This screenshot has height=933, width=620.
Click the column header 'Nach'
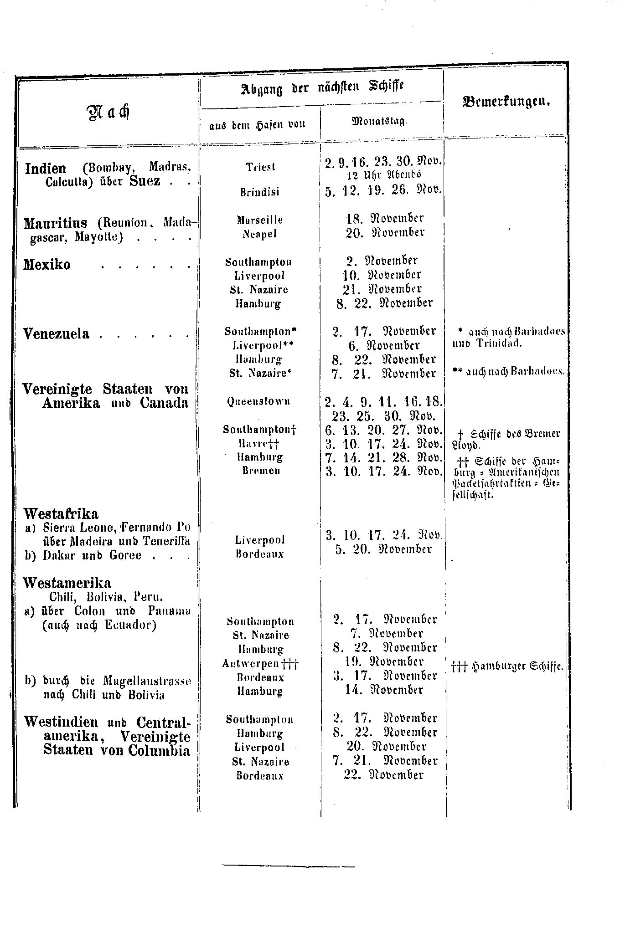click(x=109, y=112)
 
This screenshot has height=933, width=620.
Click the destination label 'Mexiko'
click(x=47, y=265)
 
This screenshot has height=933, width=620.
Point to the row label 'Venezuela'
click(x=56, y=334)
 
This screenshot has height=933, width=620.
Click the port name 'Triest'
click(x=261, y=167)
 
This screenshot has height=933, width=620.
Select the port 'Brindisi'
click(x=260, y=192)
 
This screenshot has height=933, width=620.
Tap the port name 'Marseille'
click(x=260, y=220)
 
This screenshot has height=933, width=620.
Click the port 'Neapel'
click(x=259, y=234)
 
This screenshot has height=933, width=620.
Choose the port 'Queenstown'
click(x=259, y=401)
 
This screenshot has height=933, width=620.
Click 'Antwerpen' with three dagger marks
click(x=260, y=663)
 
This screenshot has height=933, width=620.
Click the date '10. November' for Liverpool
click(x=382, y=275)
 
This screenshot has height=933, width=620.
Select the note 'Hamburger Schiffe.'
click(x=507, y=666)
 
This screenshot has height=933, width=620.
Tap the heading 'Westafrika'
click(x=61, y=514)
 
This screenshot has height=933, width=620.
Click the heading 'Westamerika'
click(x=67, y=583)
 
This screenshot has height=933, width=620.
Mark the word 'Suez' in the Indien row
click(x=145, y=181)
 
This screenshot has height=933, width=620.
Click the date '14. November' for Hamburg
click(x=384, y=690)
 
